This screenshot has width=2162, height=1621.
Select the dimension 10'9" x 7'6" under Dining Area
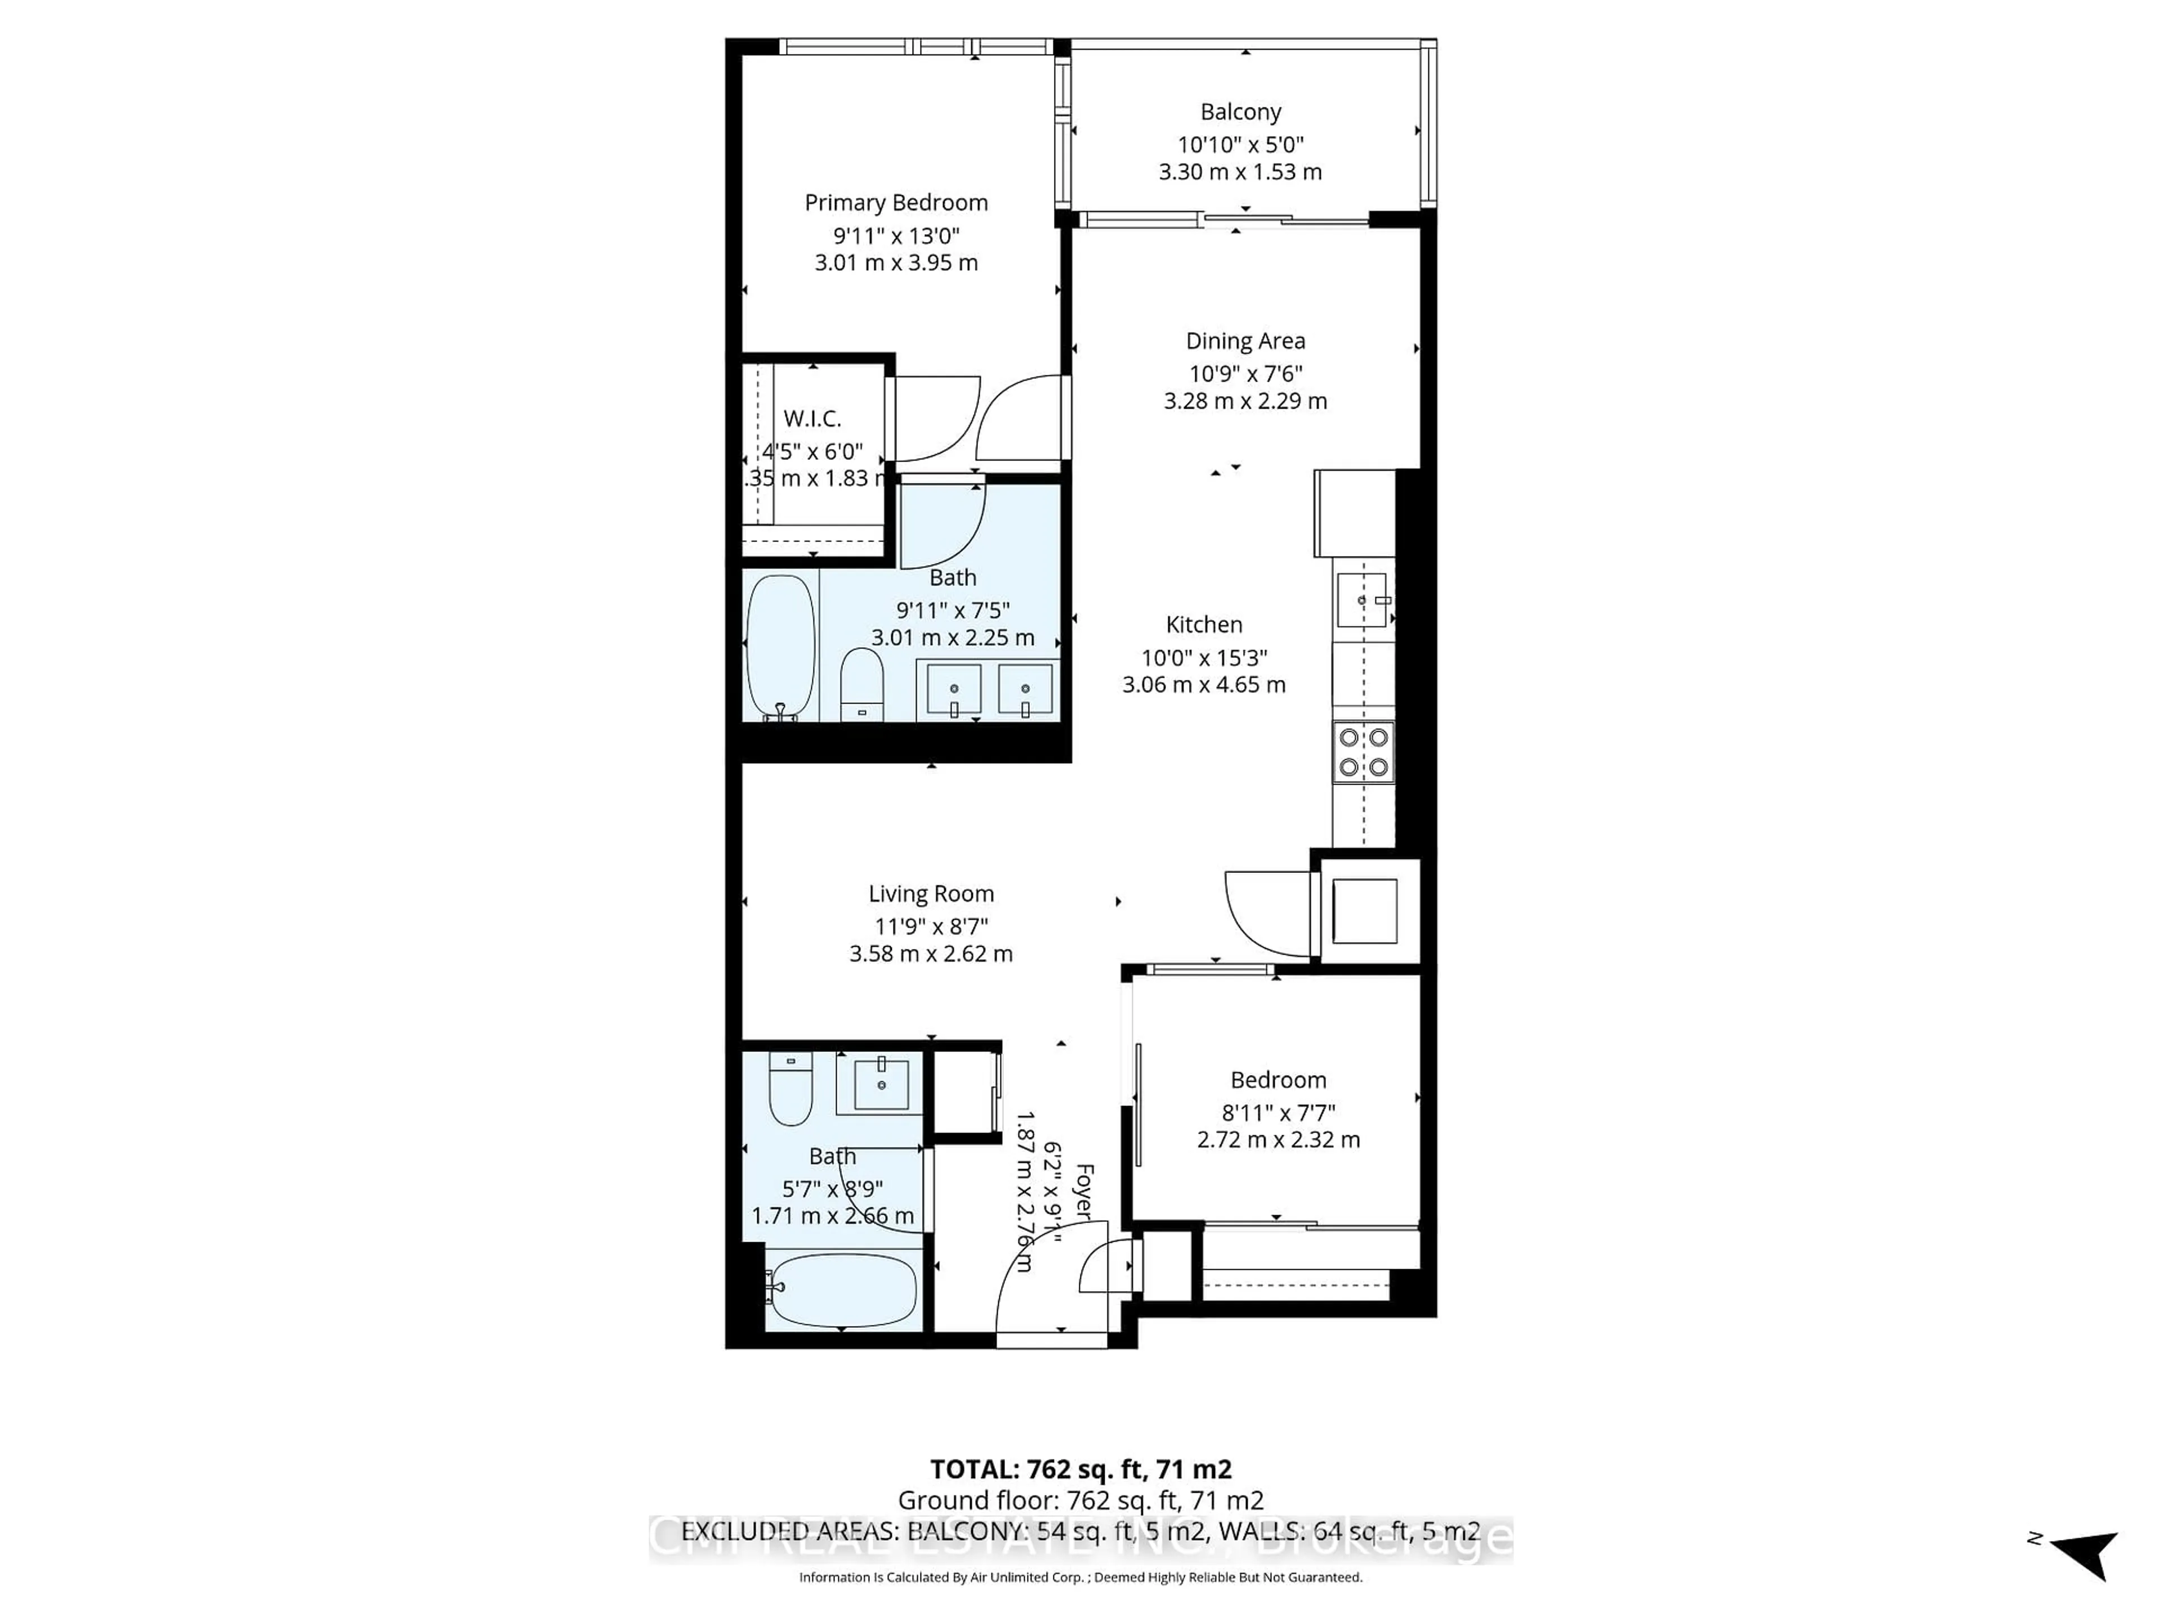coord(1245,373)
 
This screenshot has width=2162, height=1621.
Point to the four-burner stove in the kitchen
coord(1364,751)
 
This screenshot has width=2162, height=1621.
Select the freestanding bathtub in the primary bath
coord(780,647)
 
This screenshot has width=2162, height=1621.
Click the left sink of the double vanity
coord(953,689)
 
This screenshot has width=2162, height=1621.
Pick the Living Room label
coord(931,894)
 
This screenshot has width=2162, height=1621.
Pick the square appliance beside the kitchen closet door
coord(1364,911)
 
